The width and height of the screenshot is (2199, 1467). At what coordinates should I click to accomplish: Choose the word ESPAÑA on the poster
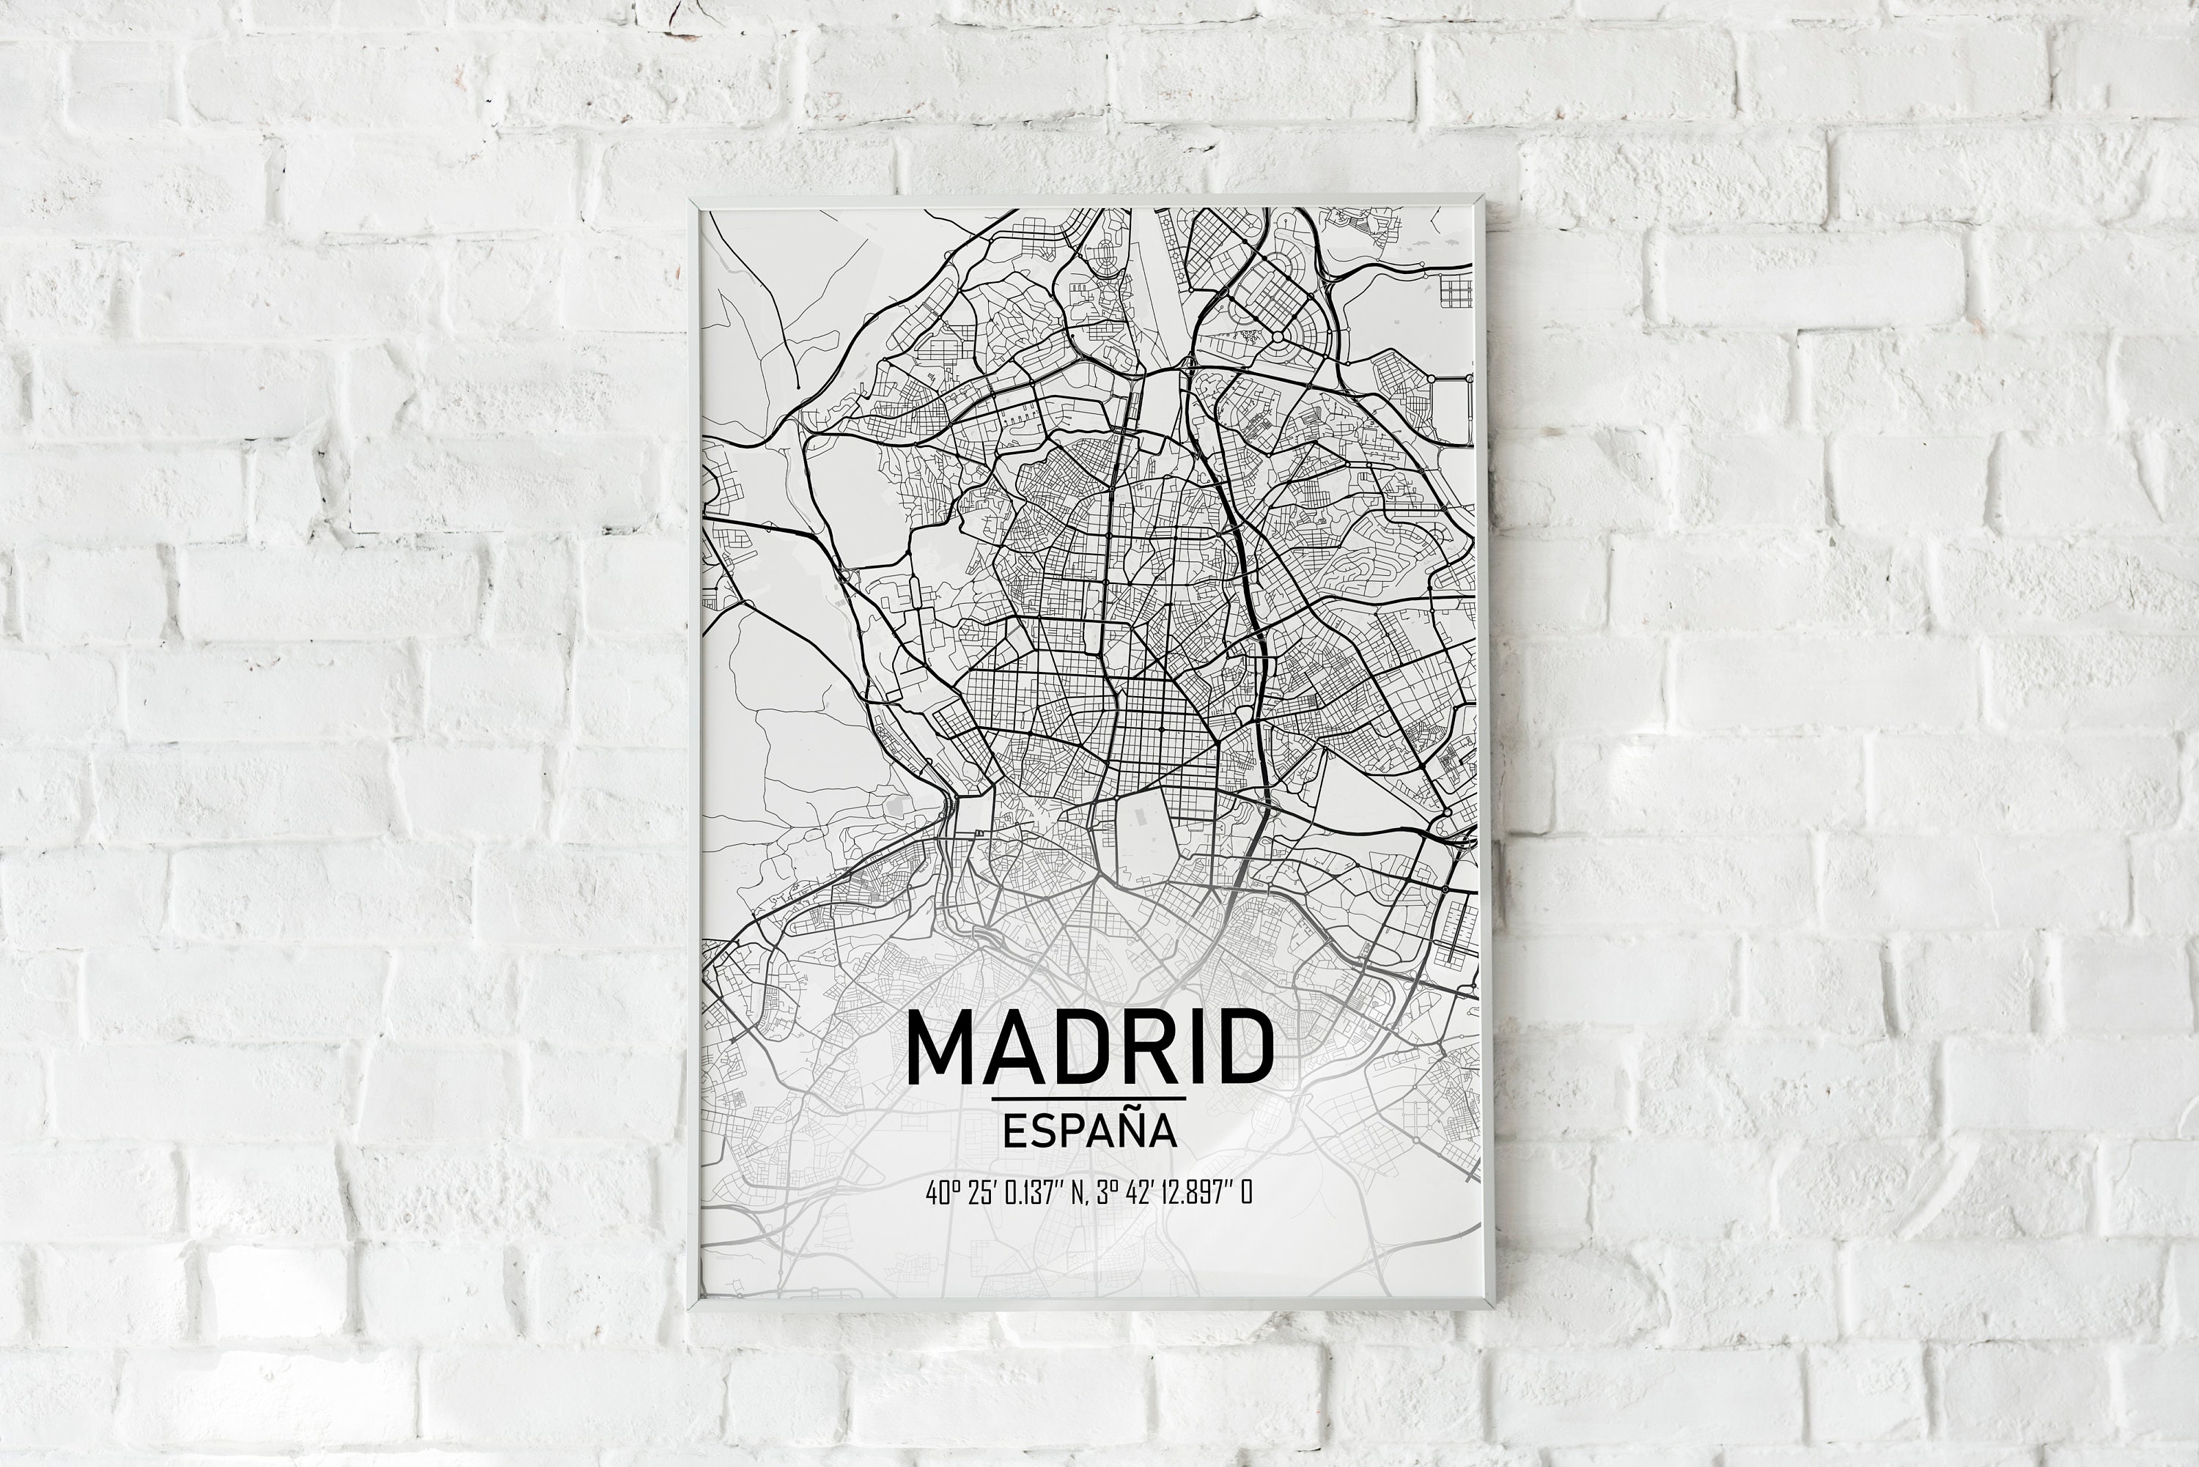pyautogui.click(x=1089, y=1130)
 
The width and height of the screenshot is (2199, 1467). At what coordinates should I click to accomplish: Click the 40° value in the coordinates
pyautogui.click(x=940, y=1194)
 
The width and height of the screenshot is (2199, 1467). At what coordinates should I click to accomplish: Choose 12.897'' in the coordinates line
pyautogui.click(x=1196, y=1194)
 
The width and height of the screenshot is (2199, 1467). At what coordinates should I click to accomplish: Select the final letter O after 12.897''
pyautogui.click(x=1245, y=1194)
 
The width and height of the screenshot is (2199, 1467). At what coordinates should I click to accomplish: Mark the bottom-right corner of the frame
pyautogui.click(x=1491, y=1306)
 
